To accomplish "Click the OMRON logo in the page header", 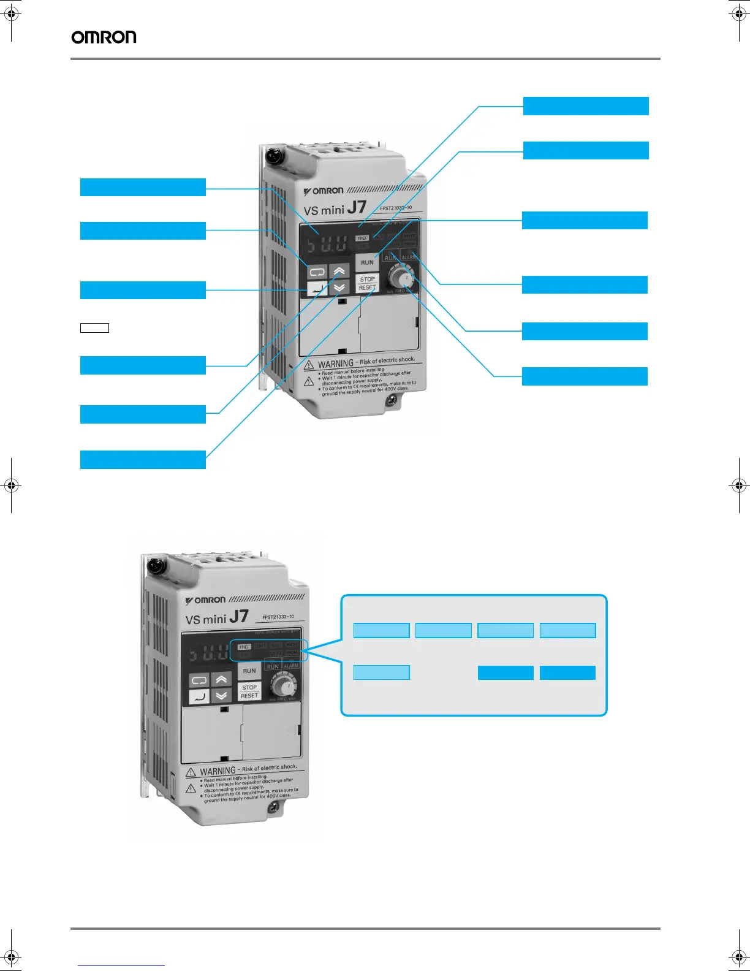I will pyautogui.click(x=104, y=37).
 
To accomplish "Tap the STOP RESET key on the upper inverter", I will pyautogui.click(x=367, y=283).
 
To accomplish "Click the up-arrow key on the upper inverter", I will pyautogui.click(x=339, y=271).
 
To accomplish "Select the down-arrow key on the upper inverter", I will pyautogui.click(x=339, y=286).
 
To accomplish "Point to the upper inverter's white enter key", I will pyautogui.click(x=317, y=287).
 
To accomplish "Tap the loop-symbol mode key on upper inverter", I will pyautogui.click(x=317, y=272).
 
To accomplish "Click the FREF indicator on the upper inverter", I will pyautogui.click(x=362, y=238).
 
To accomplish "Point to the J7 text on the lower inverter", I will pyautogui.click(x=238, y=616).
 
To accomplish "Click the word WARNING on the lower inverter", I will pyautogui.click(x=218, y=771).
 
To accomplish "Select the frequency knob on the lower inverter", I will pyautogui.click(x=284, y=684).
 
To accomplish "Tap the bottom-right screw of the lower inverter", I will pyautogui.click(x=273, y=809).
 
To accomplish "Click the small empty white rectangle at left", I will pyautogui.click(x=94, y=328).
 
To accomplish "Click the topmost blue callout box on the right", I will pyautogui.click(x=586, y=106).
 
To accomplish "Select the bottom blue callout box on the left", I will pyautogui.click(x=143, y=460).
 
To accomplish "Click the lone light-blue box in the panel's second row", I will pyautogui.click(x=381, y=672).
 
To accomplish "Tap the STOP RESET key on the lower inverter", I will pyautogui.click(x=249, y=691).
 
